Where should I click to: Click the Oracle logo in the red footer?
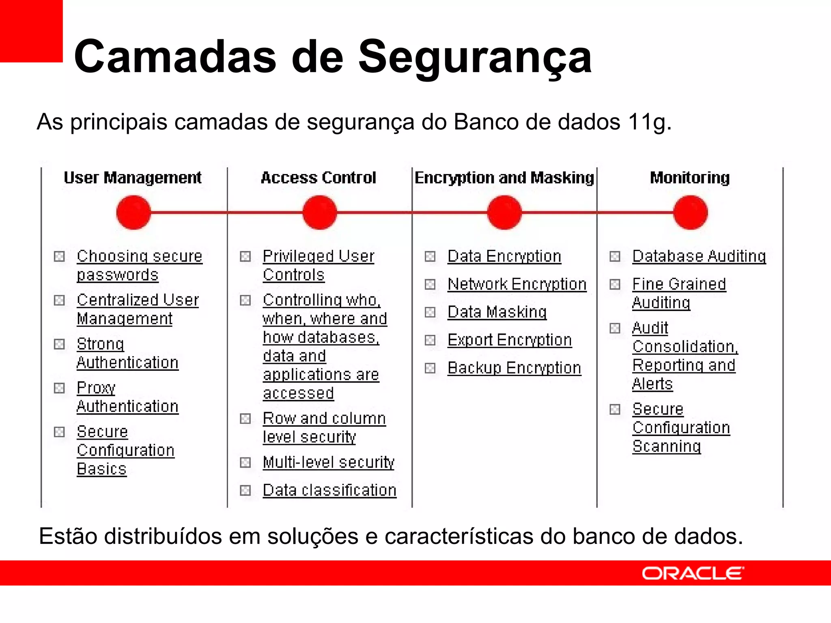[x=693, y=573]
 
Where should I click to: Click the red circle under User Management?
[x=133, y=213]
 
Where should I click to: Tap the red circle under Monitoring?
[x=690, y=213]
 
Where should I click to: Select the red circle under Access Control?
[x=320, y=213]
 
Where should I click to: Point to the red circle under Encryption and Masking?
[x=504, y=213]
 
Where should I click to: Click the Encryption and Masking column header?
[x=504, y=178]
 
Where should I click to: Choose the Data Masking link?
[x=497, y=312]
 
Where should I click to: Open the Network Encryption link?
[x=517, y=284]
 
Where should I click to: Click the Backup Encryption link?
[x=514, y=368]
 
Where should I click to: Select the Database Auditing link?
[x=699, y=256]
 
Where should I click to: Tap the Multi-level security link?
[x=328, y=462]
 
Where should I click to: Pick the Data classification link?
[x=329, y=490]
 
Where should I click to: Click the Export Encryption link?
[x=510, y=340]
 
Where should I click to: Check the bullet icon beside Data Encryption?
[x=430, y=256]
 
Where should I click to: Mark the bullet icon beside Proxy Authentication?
[x=60, y=388]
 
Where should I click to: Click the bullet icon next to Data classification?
[x=245, y=490]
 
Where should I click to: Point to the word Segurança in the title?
[x=475, y=57]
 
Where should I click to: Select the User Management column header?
[x=133, y=178]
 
